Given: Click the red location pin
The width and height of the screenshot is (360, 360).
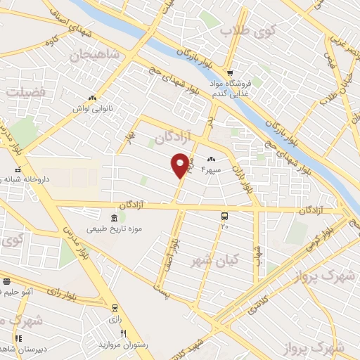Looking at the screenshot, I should pyautogui.click(x=181, y=165).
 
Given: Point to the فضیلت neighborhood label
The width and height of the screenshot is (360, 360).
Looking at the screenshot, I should pyautogui.click(x=25, y=91).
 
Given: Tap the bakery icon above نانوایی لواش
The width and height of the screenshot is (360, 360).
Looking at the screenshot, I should pyautogui.click(x=91, y=98).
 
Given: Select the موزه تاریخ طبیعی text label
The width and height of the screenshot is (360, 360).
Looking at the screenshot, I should pyautogui.click(x=115, y=229).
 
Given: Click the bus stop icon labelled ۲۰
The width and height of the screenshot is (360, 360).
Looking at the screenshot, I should pyautogui.click(x=225, y=217).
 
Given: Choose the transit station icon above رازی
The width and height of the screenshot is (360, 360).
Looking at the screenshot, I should pyautogui.click(x=115, y=307).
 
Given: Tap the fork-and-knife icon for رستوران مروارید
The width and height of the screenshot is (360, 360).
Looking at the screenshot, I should pyautogui.click(x=124, y=333).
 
